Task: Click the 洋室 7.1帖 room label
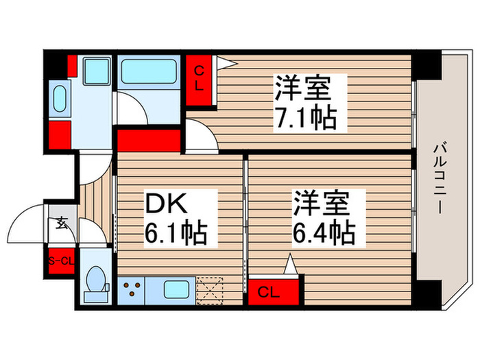305,103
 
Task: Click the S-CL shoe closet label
61,261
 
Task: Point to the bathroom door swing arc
130,108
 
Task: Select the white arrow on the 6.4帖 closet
290,263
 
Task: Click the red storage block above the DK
148,141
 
